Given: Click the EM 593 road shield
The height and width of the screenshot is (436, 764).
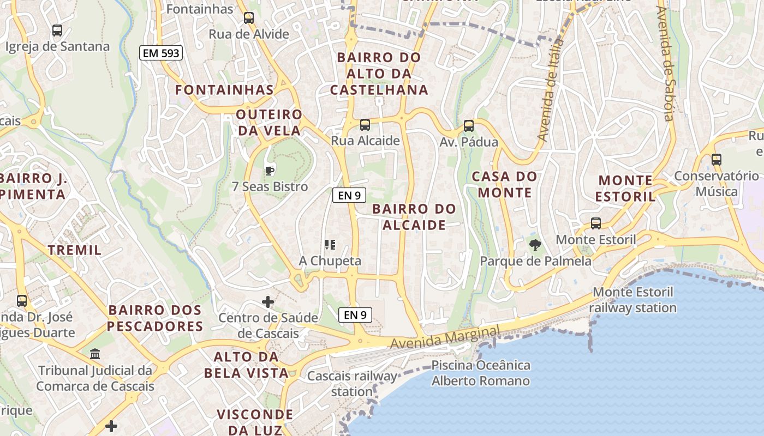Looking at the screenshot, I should [160, 53].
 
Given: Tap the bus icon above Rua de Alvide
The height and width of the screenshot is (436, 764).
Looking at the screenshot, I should [249, 17].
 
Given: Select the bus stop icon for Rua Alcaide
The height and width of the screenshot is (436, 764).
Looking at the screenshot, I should [365, 125].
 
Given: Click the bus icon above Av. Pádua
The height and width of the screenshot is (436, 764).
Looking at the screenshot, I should [468, 126].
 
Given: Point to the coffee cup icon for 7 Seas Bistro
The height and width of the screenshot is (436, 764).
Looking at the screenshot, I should [269, 171].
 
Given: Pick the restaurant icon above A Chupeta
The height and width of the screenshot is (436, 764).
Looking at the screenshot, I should [330, 245].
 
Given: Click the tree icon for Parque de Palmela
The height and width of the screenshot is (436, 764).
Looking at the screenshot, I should [535, 245].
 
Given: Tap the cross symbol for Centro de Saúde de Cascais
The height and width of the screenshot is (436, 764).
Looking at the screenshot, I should [268, 301].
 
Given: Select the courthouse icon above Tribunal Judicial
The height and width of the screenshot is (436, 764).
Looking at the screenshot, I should [95, 354].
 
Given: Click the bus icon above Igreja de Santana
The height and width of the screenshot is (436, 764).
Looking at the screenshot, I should [57, 31].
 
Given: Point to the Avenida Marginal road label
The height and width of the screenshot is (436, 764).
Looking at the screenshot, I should [445, 337].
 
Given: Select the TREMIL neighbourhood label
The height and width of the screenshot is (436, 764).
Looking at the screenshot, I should [75, 250].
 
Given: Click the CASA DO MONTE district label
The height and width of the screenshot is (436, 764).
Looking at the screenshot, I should [505, 184].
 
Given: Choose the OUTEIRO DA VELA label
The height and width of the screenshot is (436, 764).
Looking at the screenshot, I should [269, 122].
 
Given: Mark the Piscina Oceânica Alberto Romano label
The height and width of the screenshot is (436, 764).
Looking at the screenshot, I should [481, 373].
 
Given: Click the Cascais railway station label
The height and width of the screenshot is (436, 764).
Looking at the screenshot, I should [352, 384].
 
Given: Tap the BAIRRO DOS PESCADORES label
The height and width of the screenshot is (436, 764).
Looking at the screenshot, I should [156, 318].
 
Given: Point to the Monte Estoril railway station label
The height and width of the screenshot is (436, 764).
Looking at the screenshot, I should [633, 300].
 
